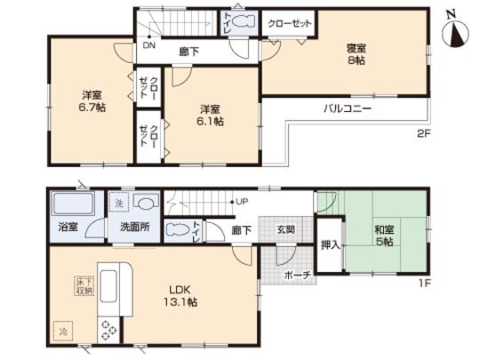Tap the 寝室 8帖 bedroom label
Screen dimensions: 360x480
tap(354, 55)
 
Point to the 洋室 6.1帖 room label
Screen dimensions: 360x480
tap(207, 114)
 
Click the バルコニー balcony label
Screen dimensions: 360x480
tap(347, 108)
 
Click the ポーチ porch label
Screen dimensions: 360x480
tap(297, 276)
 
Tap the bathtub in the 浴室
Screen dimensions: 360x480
tap(68, 209)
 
